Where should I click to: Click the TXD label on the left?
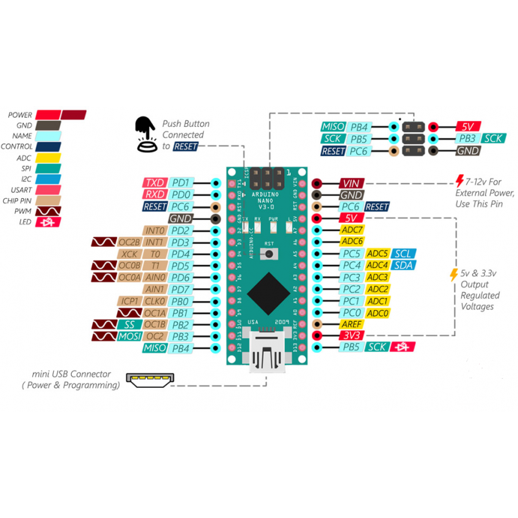click(x=155, y=183)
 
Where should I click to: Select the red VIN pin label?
click(x=350, y=183)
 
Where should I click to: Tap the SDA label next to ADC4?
click(x=403, y=265)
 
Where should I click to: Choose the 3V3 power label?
click(x=352, y=335)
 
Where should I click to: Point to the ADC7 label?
click(x=353, y=230)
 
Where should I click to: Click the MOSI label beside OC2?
click(x=130, y=336)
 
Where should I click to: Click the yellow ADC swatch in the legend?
click(x=49, y=157)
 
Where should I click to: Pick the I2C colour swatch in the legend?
click(x=49, y=179)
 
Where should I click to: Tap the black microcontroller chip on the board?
click(x=268, y=293)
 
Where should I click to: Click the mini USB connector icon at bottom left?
click(x=150, y=380)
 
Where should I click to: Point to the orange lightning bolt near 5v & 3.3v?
click(x=454, y=275)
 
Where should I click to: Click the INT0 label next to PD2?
click(x=155, y=231)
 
